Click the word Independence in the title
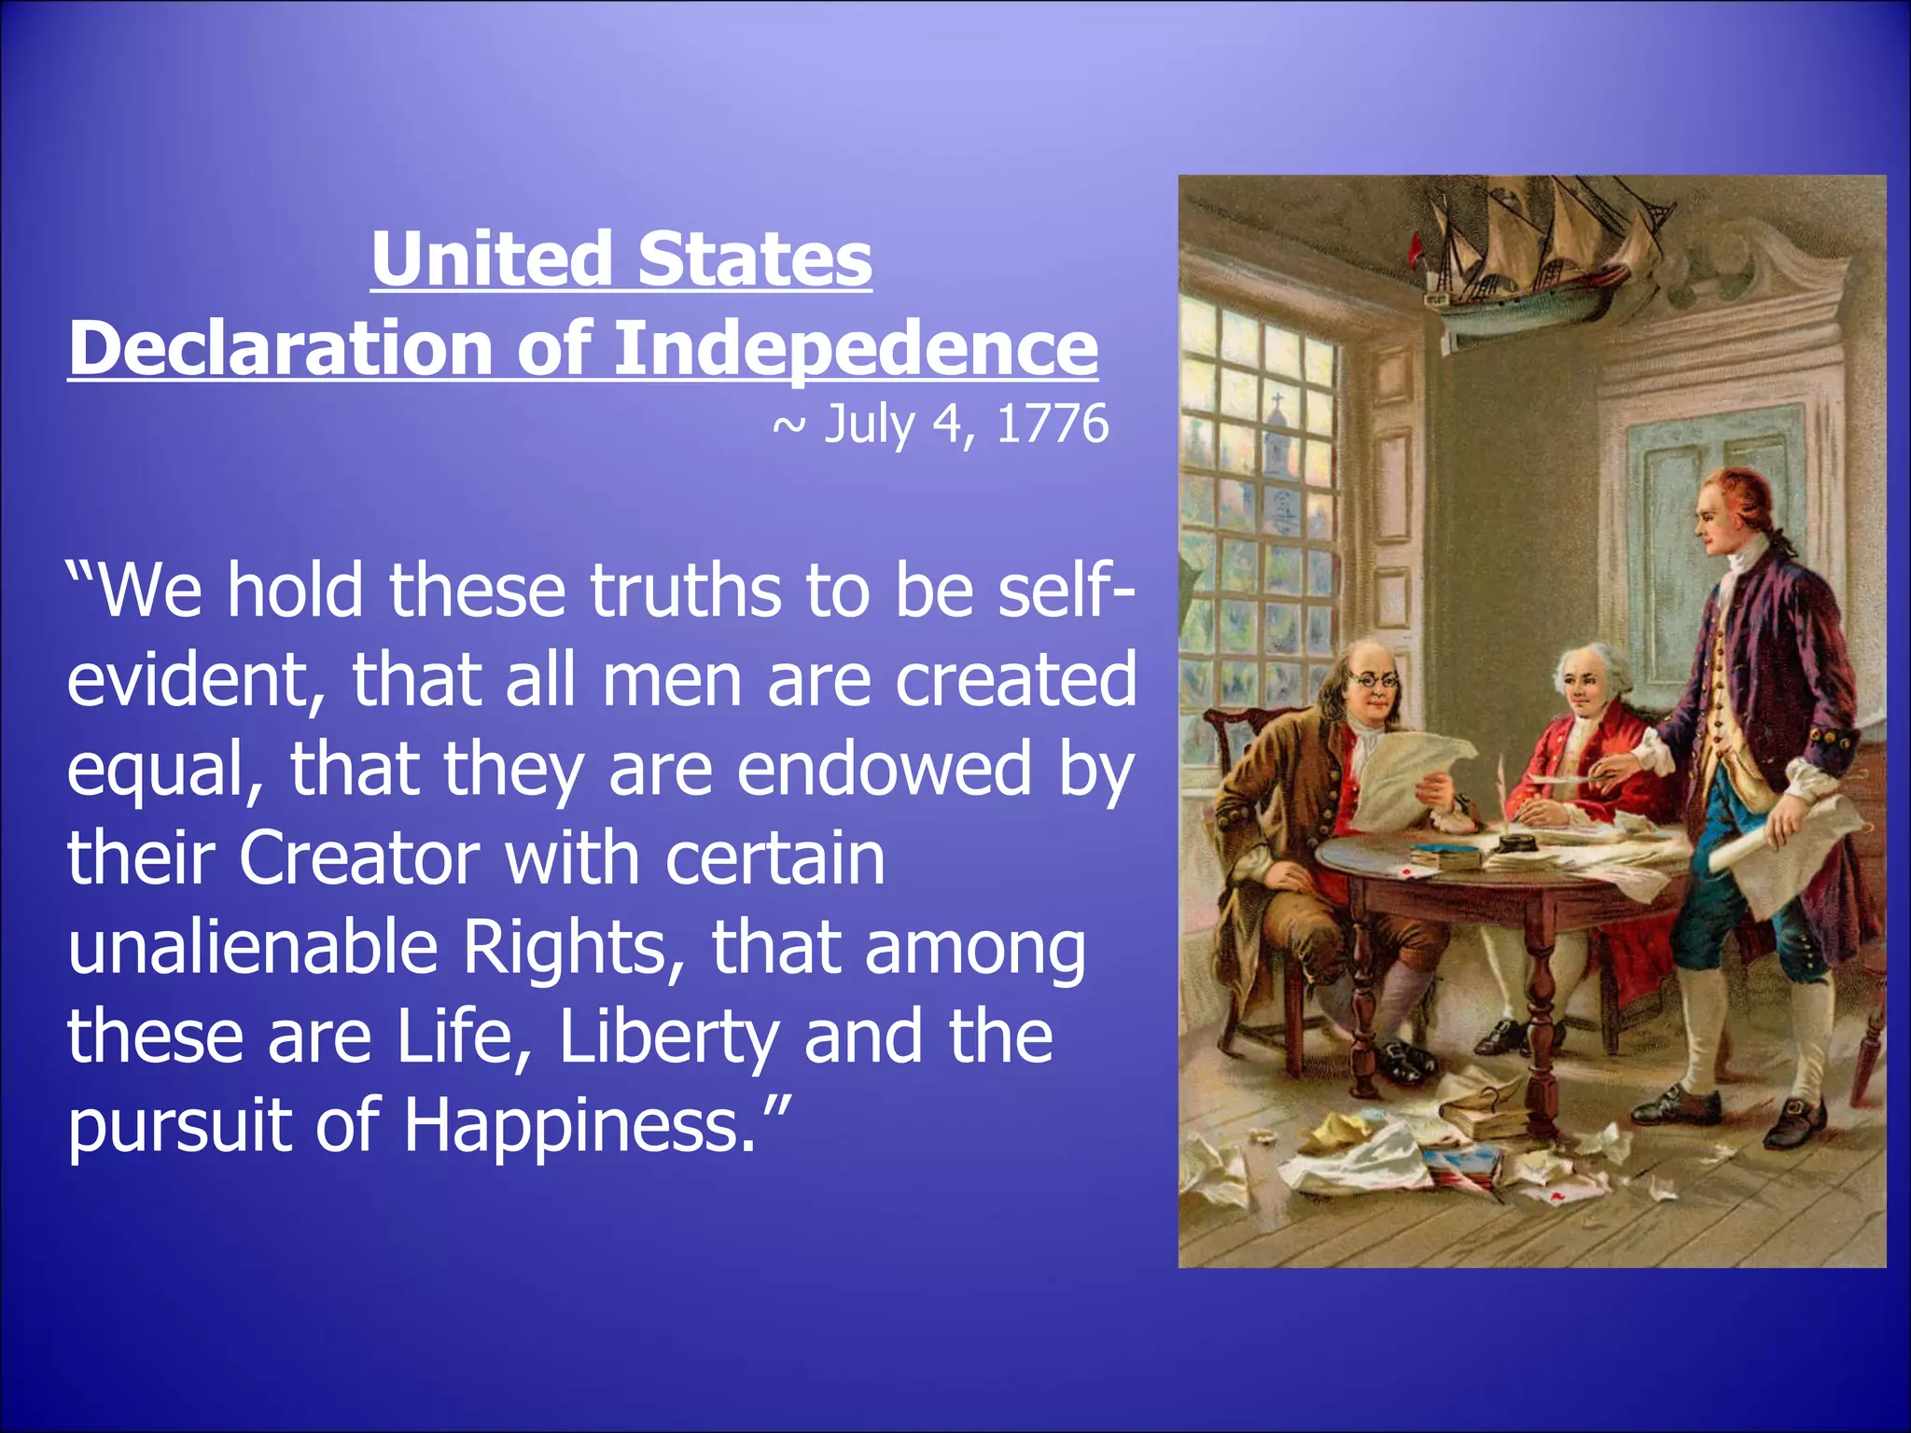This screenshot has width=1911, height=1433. [855, 349]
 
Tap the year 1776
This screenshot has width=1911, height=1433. [1053, 424]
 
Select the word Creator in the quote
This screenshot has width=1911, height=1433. [359, 858]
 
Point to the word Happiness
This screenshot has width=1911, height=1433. [579, 1125]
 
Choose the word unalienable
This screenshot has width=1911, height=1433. [253, 948]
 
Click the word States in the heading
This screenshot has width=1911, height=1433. [755, 258]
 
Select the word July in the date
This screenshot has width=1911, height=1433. [869, 424]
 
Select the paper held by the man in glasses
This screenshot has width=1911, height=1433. [1400, 774]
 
